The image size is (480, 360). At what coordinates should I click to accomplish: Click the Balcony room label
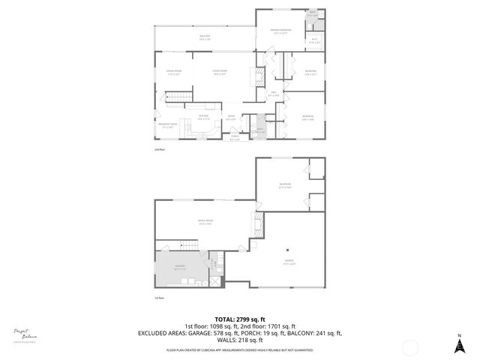205,37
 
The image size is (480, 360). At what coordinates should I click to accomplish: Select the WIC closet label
314,40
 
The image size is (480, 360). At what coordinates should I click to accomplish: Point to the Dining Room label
173,73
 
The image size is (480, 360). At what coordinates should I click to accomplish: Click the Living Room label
219,73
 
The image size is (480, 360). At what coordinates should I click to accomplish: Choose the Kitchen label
202,116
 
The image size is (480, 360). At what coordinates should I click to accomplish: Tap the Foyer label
231,117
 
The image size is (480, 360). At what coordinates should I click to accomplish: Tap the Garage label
289,262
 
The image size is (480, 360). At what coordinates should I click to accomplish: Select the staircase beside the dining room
175,97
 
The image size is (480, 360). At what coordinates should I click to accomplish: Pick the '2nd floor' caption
158,151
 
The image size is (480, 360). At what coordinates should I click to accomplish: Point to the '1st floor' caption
158,298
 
